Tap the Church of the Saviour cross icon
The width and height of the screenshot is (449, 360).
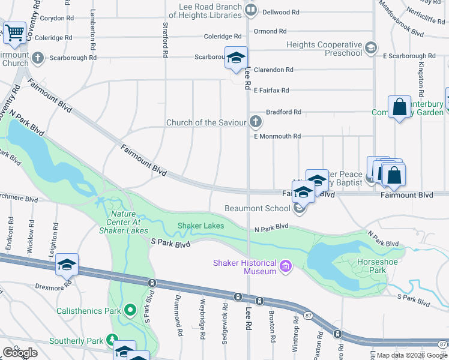pos(256,122)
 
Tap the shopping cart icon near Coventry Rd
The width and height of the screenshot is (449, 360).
pos(14,34)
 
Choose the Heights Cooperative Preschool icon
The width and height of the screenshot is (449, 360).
pos(371,47)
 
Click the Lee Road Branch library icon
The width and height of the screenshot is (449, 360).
pos(252,9)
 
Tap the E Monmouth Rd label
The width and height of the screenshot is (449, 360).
pos(277,137)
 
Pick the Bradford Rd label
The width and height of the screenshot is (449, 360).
pos(283,112)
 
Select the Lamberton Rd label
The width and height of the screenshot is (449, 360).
pos(93,29)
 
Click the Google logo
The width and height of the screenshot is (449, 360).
pos(20,353)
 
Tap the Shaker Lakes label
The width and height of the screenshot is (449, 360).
pos(200,226)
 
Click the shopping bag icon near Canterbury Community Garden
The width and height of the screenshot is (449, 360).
pos(400,108)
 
